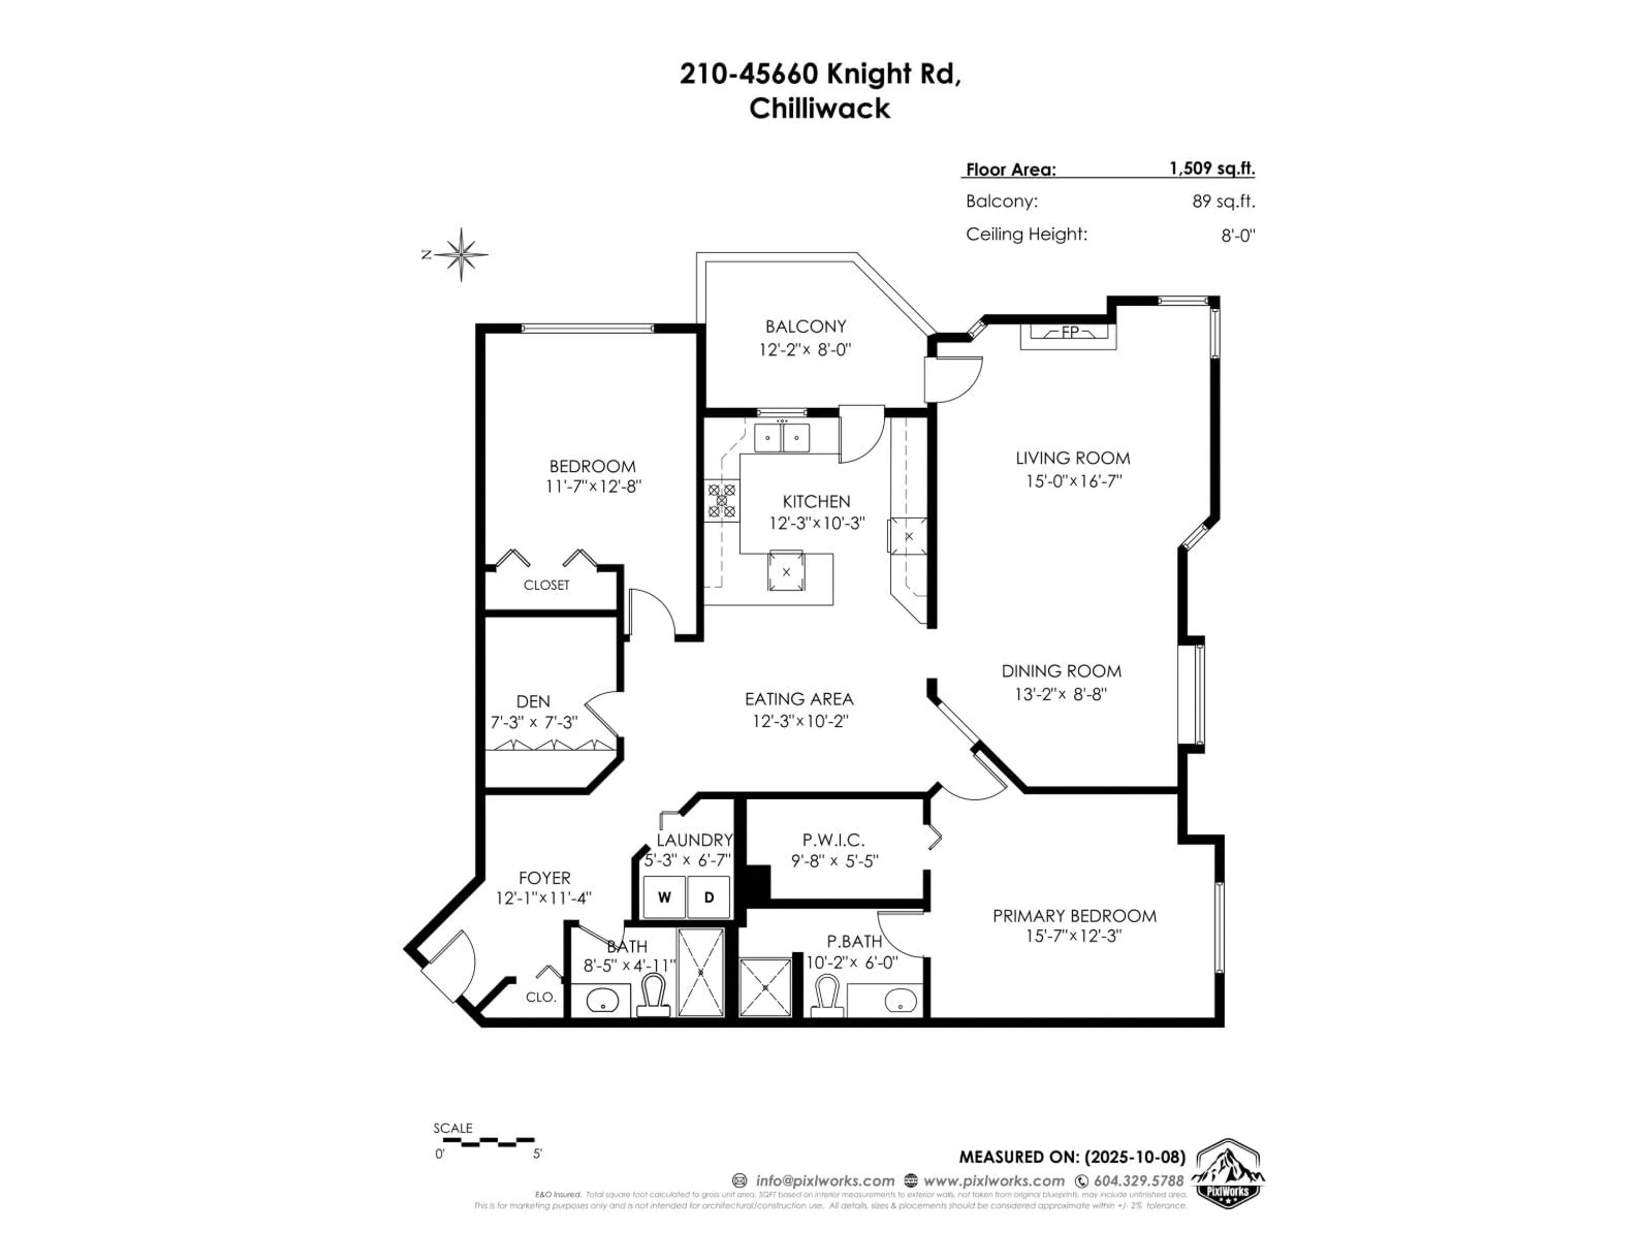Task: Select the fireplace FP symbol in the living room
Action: pyautogui.click(x=1069, y=333)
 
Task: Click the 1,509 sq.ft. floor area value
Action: pyautogui.click(x=1211, y=168)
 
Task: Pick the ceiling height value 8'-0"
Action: pyautogui.click(x=1238, y=236)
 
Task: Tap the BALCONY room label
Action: pyautogui.click(x=805, y=327)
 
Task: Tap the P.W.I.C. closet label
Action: pyautogui.click(x=833, y=840)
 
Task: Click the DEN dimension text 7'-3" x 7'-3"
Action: pyautogui.click(x=533, y=722)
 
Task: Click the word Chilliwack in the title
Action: pyautogui.click(x=819, y=109)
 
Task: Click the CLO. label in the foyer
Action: pyautogui.click(x=541, y=997)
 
